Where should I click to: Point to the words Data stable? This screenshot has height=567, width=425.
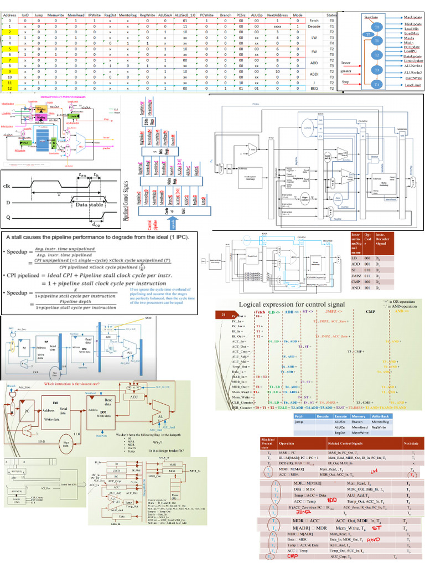click(89, 205)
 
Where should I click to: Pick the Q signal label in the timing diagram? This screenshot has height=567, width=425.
click(9, 218)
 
